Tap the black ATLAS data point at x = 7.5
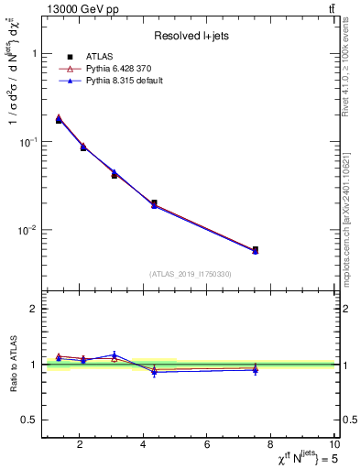256,249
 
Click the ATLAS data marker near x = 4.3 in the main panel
154,203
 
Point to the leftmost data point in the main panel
60,120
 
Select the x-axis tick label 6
208,446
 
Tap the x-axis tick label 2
80,446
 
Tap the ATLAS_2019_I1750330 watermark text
191,274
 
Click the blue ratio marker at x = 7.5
256,369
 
